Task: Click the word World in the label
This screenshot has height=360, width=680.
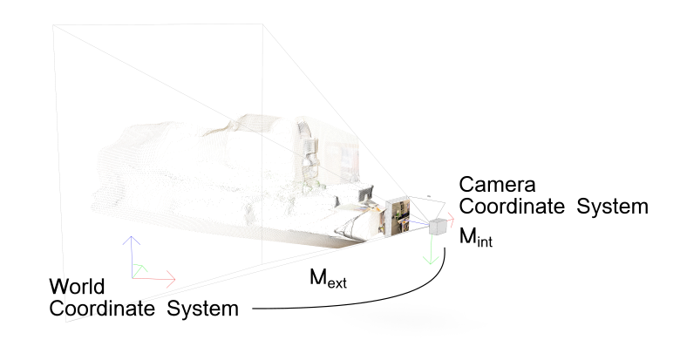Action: [78, 287]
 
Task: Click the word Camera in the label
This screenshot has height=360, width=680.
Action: [496, 185]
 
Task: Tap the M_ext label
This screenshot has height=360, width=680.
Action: [329, 279]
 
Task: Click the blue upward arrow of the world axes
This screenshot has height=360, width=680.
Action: [131, 248]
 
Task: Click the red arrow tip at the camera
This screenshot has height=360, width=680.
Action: [452, 216]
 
